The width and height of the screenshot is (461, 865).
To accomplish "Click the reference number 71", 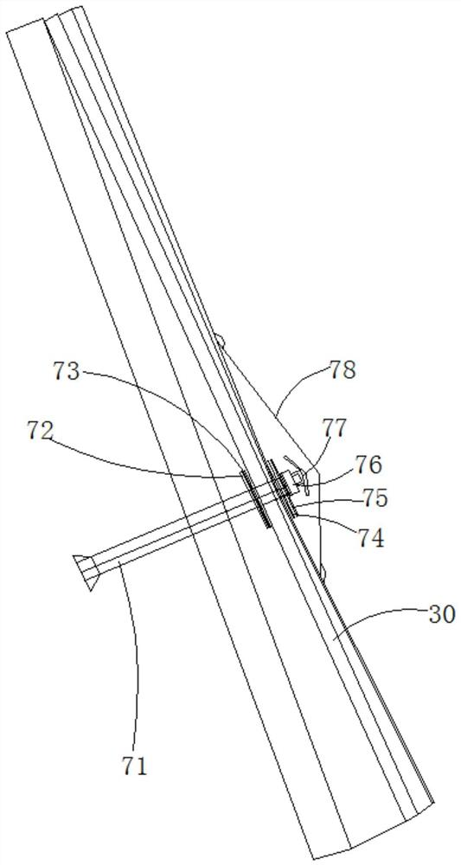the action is tap(135, 766).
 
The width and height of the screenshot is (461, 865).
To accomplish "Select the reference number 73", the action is tap(67, 369).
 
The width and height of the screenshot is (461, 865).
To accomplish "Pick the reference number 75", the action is tap(374, 498).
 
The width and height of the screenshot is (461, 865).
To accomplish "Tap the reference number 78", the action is tap(343, 370).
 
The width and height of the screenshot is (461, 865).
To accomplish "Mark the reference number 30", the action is tap(443, 614).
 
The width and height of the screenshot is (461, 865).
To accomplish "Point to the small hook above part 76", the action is tap(291, 462).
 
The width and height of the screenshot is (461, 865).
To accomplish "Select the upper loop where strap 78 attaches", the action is tap(221, 340).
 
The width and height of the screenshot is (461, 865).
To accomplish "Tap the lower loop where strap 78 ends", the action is tap(323, 574).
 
